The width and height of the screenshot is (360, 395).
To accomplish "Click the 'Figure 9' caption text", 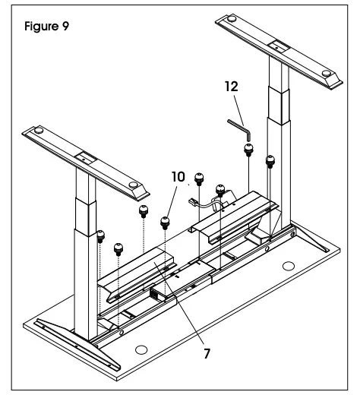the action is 46,26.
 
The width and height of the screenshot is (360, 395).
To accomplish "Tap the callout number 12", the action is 232,87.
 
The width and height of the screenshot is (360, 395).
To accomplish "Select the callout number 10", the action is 178,177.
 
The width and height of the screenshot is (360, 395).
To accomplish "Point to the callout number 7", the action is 207,353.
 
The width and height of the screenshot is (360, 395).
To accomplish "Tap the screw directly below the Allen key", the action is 248,150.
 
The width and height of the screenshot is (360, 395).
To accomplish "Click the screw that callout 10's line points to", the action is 165,223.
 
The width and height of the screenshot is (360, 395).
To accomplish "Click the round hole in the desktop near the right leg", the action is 289,266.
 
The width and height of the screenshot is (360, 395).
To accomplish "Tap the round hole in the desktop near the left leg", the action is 141,350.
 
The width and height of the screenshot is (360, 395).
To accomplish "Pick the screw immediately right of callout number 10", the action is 199,179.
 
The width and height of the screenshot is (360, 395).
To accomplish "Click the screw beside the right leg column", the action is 270,162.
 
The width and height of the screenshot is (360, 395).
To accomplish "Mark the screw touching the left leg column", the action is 101,236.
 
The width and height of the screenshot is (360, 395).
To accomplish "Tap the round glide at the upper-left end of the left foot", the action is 39,131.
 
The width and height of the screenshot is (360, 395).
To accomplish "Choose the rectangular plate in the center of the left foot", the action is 86,158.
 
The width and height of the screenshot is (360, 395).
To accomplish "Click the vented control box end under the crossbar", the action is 154,295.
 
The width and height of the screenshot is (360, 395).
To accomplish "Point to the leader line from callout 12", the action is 238,110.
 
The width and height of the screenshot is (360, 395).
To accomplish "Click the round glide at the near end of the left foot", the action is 134,185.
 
